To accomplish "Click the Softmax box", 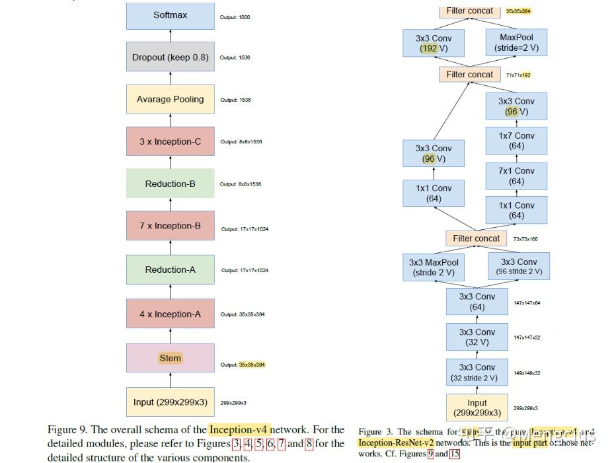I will click(x=170, y=15).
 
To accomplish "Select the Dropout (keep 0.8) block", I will click(x=170, y=57).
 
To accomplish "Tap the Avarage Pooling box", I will click(x=170, y=100).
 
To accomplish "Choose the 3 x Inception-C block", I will click(x=170, y=141).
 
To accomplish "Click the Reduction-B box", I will click(x=170, y=184).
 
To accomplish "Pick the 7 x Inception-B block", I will click(x=170, y=226).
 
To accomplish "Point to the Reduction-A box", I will click(x=170, y=269).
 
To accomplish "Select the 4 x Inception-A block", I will click(x=170, y=314).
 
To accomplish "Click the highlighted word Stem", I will click(x=170, y=358).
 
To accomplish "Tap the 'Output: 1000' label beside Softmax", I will click(x=235, y=17).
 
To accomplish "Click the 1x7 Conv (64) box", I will click(x=516, y=141).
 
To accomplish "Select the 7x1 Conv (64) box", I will click(x=516, y=176).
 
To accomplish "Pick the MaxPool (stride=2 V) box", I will click(x=516, y=43).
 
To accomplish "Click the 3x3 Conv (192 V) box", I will click(x=434, y=43).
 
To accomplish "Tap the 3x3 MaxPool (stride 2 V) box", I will click(x=434, y=267).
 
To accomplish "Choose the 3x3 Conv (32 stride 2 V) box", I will click(x=477, y=373).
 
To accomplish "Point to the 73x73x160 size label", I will click(x=525, y=239).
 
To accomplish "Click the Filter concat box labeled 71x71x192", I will click(x=469, y=75).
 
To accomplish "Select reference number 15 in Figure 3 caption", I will click(x=455, y=454).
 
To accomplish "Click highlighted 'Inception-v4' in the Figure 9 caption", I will click(x=239, y=430).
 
